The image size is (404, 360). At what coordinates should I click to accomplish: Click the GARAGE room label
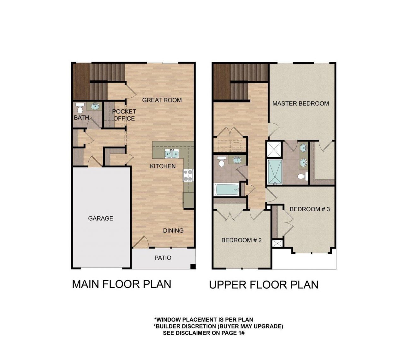click(x=100, y=218)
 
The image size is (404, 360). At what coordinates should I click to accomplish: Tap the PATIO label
click(x=163, y=258)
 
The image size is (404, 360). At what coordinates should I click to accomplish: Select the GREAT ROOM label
click(x=162, y=100)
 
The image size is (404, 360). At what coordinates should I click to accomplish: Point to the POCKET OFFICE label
click(x=124, y=115)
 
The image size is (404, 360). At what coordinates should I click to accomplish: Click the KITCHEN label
click(x=163, y=166)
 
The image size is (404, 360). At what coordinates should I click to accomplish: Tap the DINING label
click(x=173, y=230)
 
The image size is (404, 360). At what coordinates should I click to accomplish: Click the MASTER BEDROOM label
click(x=300, y=103)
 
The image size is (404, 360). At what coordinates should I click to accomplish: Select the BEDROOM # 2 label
click(x=241, y=240)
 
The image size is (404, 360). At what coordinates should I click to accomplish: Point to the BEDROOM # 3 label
click(x=310, y=209)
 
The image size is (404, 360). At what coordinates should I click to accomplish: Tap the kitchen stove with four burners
click(x=188, y=175)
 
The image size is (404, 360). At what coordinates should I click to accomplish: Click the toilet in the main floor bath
click(x=80, y=108)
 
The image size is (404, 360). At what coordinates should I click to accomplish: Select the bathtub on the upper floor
click(x=227, y=190)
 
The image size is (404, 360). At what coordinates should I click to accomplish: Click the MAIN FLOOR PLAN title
click(x=122, y=284)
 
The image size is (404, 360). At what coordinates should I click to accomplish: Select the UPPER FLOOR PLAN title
click(x=264, y=285)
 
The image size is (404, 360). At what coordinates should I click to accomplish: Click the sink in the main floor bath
click(x=95, y=106)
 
